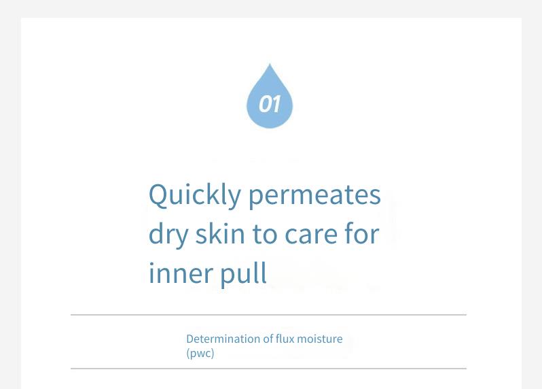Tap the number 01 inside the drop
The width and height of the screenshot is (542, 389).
(270, 104)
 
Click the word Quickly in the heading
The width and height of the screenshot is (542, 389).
(195, 196)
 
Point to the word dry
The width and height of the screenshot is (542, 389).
(168, 235)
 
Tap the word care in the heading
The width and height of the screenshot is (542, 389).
(311, 235)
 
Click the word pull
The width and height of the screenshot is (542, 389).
(243, 273)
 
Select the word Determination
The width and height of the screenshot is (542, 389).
(223, 339)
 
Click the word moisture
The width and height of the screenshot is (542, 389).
(320, 339)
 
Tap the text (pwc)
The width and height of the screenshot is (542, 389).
(200, 354)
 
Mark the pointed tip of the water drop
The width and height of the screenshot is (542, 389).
(270, 64)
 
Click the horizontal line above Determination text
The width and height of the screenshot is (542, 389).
(268, 315)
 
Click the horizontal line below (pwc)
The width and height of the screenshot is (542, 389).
(268, 369)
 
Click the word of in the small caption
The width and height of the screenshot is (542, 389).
(268, 339)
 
